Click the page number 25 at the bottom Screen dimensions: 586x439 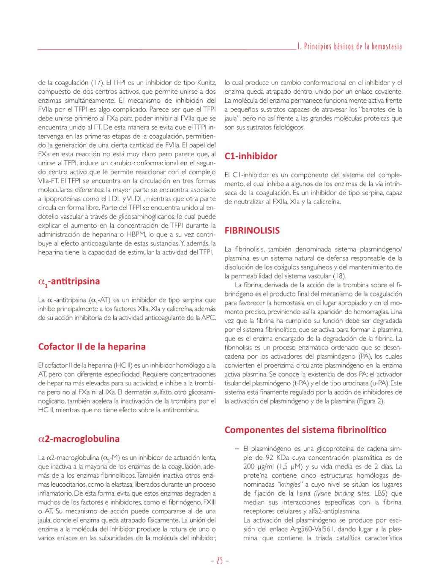tap(219, 561)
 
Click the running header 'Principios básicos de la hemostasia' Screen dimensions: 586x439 tap(349, 46)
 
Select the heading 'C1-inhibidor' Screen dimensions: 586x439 tap(251, 156)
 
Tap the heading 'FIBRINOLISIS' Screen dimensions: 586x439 tap(252, 231)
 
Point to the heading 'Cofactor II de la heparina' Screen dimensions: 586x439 tap(92, 346)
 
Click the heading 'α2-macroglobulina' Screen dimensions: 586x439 tap(79, 439)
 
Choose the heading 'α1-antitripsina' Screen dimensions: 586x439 tap(69, 281)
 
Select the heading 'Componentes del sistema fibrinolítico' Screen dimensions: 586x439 tap(305, 430)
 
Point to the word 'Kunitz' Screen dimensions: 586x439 tap(207, 82)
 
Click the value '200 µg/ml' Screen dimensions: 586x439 tap(257, 467)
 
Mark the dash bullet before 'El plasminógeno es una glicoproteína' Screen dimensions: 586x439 tap(237, 449)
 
